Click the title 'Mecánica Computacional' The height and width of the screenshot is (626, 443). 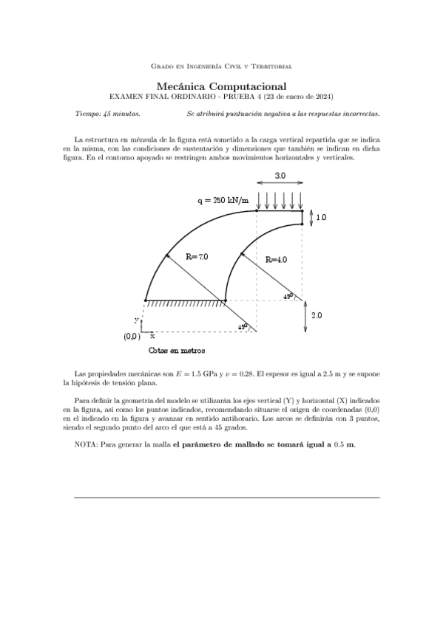[221, 86]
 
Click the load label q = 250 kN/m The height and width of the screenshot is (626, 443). [223, 200]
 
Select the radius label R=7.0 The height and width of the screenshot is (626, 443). [197, 257]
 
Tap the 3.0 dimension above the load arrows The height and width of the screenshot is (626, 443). [280, 176]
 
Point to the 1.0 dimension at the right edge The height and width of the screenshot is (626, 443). [321, 218]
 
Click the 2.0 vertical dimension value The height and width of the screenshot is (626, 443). [316, 315]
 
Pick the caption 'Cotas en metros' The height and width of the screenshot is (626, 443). [177, 351]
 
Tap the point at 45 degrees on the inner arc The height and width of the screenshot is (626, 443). [240, 253]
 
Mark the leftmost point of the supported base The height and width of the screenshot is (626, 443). [146, 300]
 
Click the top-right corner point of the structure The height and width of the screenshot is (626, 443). [302, 210]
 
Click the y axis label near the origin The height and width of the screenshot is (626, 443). [136, 320]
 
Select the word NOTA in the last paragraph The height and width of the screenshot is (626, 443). [87, 445]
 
